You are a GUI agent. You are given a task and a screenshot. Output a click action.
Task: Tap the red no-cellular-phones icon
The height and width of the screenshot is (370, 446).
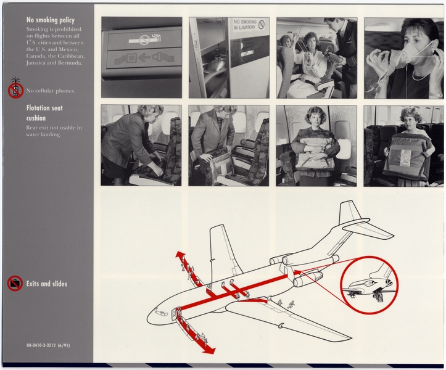[15, 90]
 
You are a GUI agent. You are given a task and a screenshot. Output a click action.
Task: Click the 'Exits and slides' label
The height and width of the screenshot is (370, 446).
[46, 284]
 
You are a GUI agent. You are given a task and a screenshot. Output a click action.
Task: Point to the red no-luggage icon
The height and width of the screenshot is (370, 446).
[15, 284]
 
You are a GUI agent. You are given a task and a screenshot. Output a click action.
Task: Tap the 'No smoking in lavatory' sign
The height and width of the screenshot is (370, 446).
[248, 25]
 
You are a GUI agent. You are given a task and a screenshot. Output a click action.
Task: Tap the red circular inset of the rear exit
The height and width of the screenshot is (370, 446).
[369, 285]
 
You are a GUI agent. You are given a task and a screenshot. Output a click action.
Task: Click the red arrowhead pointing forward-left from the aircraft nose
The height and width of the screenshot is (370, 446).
[179, 255]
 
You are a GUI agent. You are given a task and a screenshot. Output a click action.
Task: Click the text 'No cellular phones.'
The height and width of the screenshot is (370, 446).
[51, 91]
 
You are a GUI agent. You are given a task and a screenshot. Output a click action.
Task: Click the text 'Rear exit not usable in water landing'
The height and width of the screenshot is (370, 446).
[54, 131]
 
